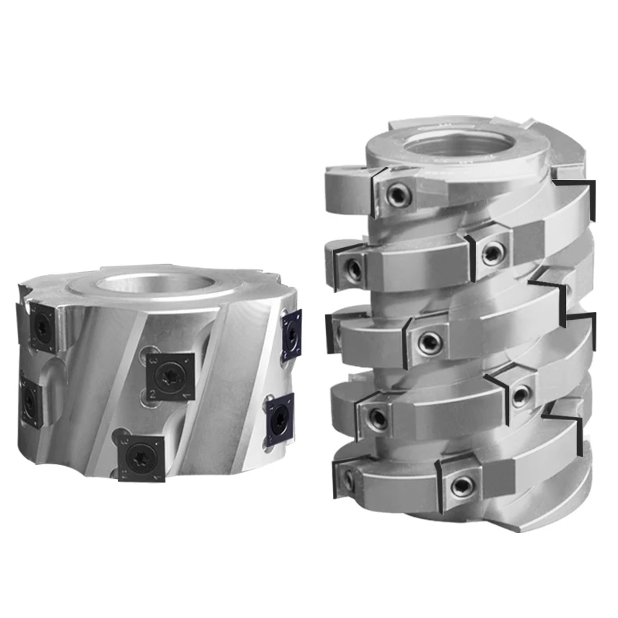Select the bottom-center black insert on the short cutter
(142, 457)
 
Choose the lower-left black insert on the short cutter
(31, 401)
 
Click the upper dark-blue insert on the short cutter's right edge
(292, 333)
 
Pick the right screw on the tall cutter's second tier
(491, 250)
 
